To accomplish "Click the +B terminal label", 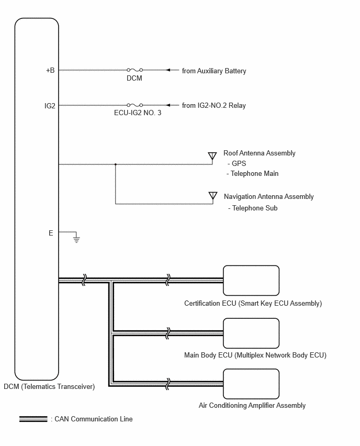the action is [50, 70].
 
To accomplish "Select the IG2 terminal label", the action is [50, 106].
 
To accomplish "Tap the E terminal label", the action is [51, 233].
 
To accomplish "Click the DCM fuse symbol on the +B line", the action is [134, 70].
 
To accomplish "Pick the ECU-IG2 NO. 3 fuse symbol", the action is [134, 105].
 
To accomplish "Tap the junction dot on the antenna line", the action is [116, 164].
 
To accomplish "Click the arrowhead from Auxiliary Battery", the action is [168, 70].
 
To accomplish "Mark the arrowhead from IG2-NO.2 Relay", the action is [168, 105].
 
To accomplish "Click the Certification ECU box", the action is [251, 281].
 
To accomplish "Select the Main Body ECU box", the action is [251, 333].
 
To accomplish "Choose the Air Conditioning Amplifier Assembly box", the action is [251, 384].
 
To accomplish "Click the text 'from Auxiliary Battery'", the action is [214, 71].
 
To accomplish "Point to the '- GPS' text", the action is [237, 163].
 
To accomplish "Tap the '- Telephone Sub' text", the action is [253, 208].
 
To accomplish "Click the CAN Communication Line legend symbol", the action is [33, 419].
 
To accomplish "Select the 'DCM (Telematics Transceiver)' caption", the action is [49, 386].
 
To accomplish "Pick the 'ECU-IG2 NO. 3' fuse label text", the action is [138, 113].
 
